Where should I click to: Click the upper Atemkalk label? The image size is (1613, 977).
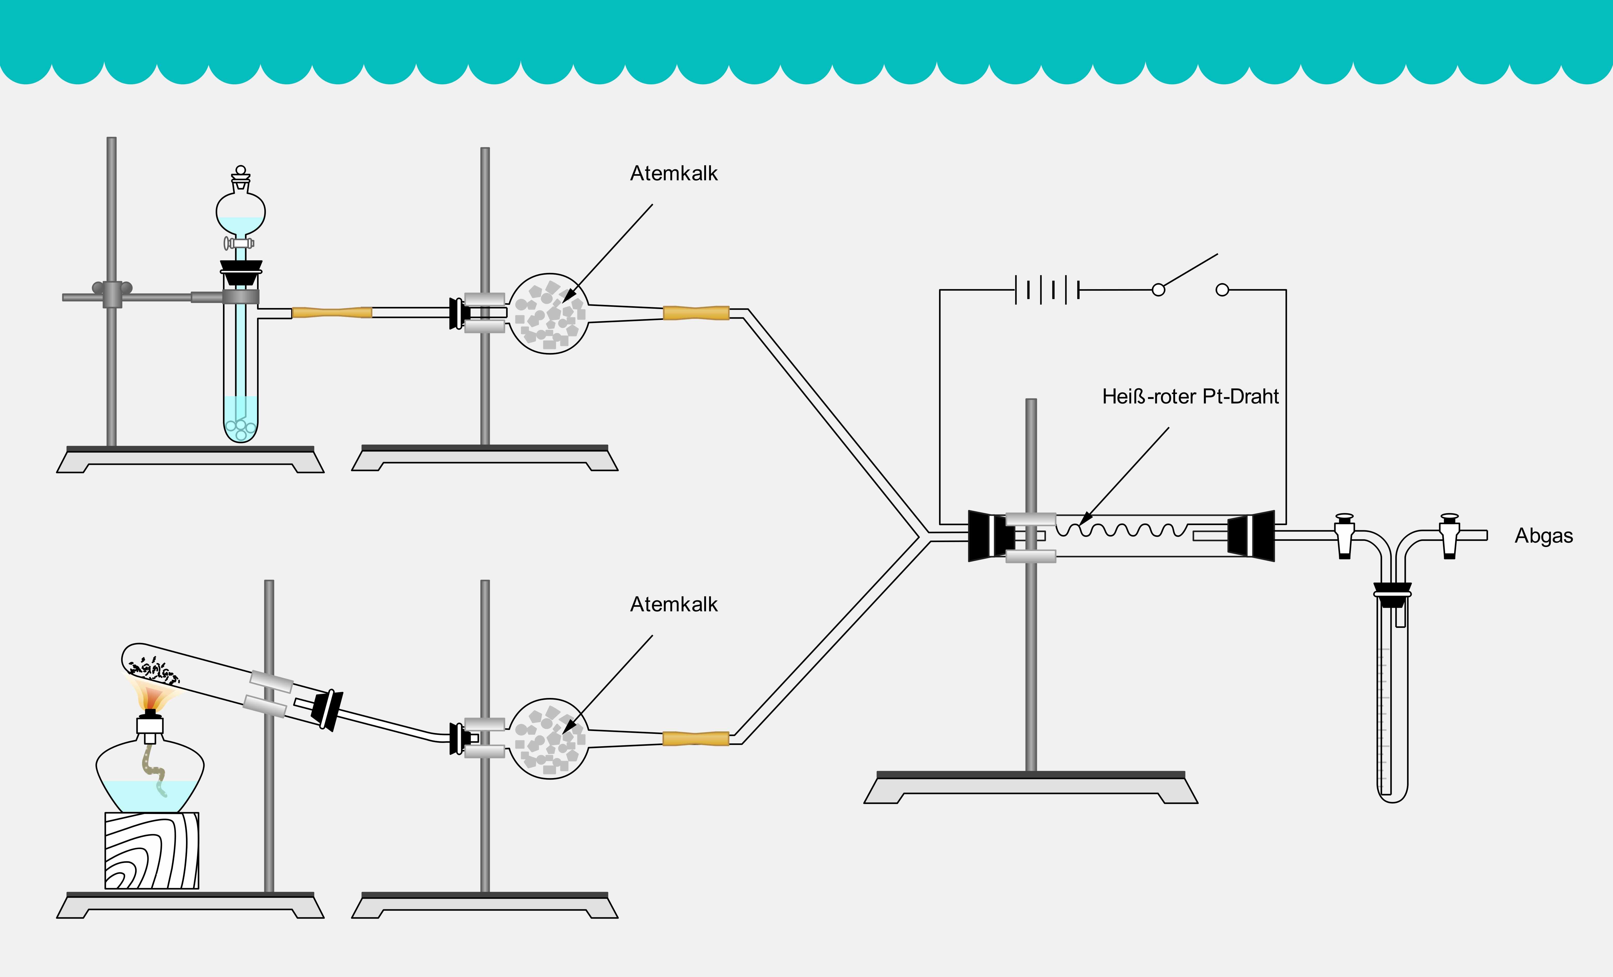pyautogui.click(x=674, y=174)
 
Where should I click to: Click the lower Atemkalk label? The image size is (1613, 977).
pyautogui.click(x=674, y=604)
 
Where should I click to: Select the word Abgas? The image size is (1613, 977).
pyautogui.click(x=1543, y=536)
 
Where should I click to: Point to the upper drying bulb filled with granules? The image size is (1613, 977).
pyautogui.click(x=549, y=314)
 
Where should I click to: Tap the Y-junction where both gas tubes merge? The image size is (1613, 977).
pyautogui.click(x=923, y=536)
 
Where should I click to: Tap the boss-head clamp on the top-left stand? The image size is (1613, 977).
pyautogui.click(x=112, y=294)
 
